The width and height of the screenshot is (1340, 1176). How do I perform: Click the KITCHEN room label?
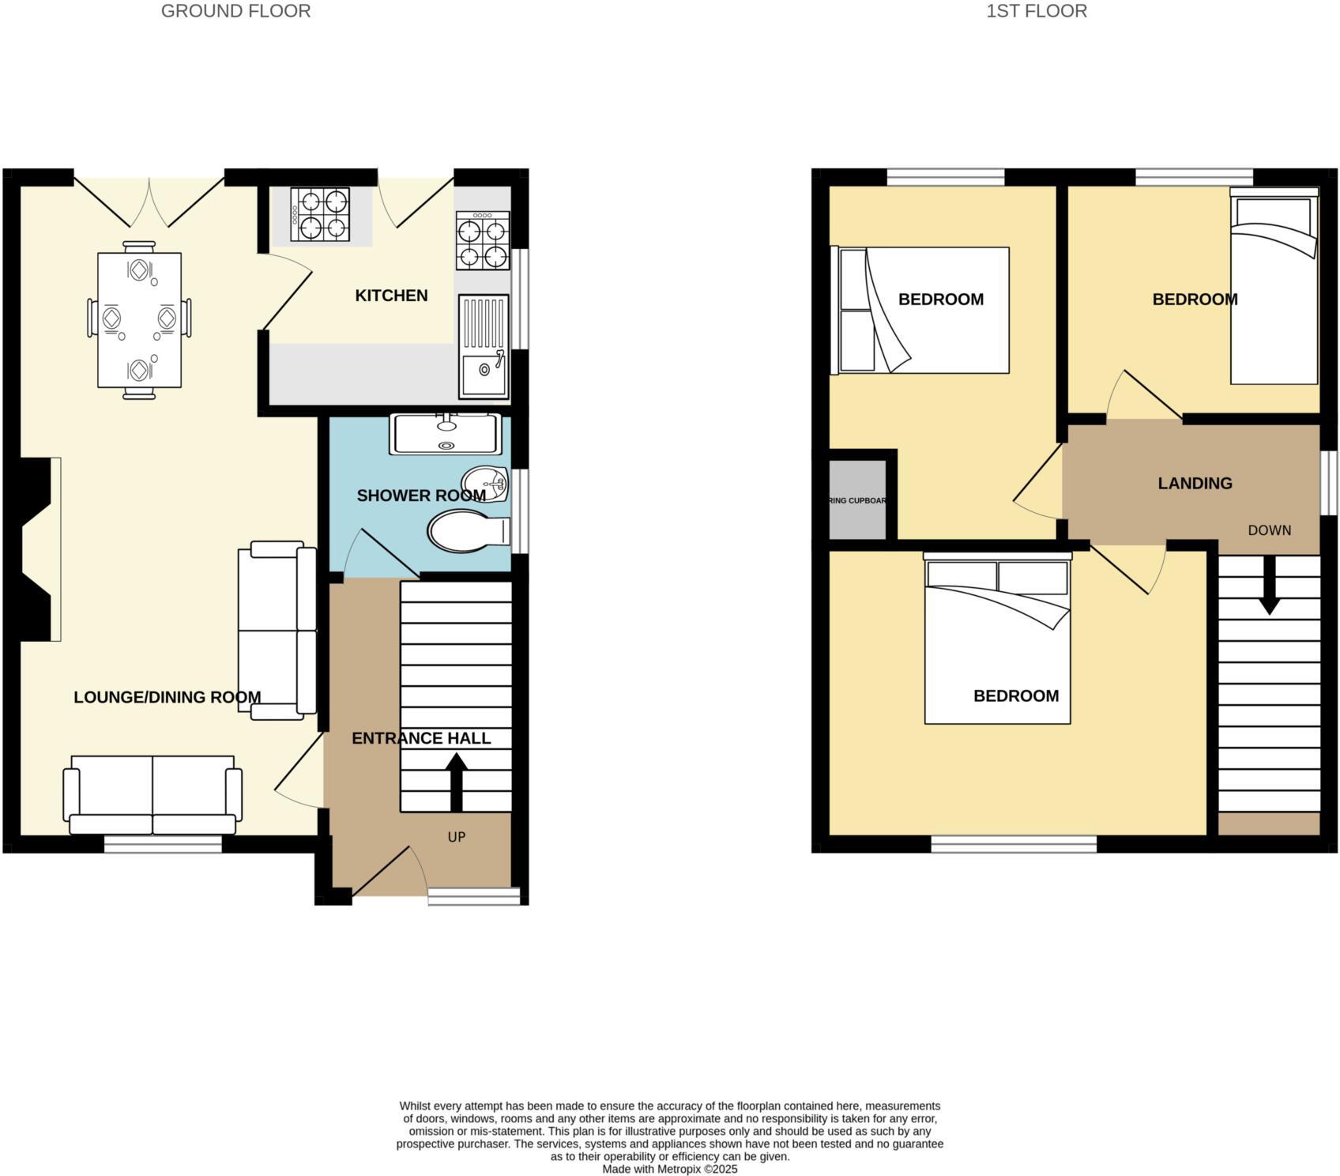coord(391,296)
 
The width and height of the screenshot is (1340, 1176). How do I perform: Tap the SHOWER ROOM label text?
coord(420,496)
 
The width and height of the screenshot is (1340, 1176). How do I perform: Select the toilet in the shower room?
coord(466,531)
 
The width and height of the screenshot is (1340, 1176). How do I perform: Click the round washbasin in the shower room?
coord(486,483)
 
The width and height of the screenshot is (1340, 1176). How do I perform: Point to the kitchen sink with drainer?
coord(484,346)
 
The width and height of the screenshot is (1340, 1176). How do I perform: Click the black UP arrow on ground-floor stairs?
coord(456,781)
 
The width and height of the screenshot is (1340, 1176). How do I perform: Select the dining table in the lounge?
coord(139,319)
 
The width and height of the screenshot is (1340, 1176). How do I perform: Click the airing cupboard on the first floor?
coord(857,500)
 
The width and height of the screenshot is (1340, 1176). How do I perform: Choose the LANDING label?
coord(1195,483)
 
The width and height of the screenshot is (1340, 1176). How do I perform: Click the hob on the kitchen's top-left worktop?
coord(320,214)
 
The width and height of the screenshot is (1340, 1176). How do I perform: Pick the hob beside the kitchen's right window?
coord(483,240)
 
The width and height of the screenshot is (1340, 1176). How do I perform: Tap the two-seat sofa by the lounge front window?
coord(152,794)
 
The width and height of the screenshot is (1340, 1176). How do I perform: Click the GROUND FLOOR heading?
coord(235,11)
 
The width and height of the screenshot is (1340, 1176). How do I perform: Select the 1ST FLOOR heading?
coord(1036,11)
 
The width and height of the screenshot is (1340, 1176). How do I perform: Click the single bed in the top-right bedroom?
coord(1274,288)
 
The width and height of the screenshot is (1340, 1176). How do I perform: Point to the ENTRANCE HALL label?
coord(421,738)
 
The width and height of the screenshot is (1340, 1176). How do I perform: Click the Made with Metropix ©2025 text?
coord(669,1168)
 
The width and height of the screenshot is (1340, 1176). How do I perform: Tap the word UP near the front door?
coord(457,836)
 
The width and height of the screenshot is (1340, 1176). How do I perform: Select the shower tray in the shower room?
coord(446,435)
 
